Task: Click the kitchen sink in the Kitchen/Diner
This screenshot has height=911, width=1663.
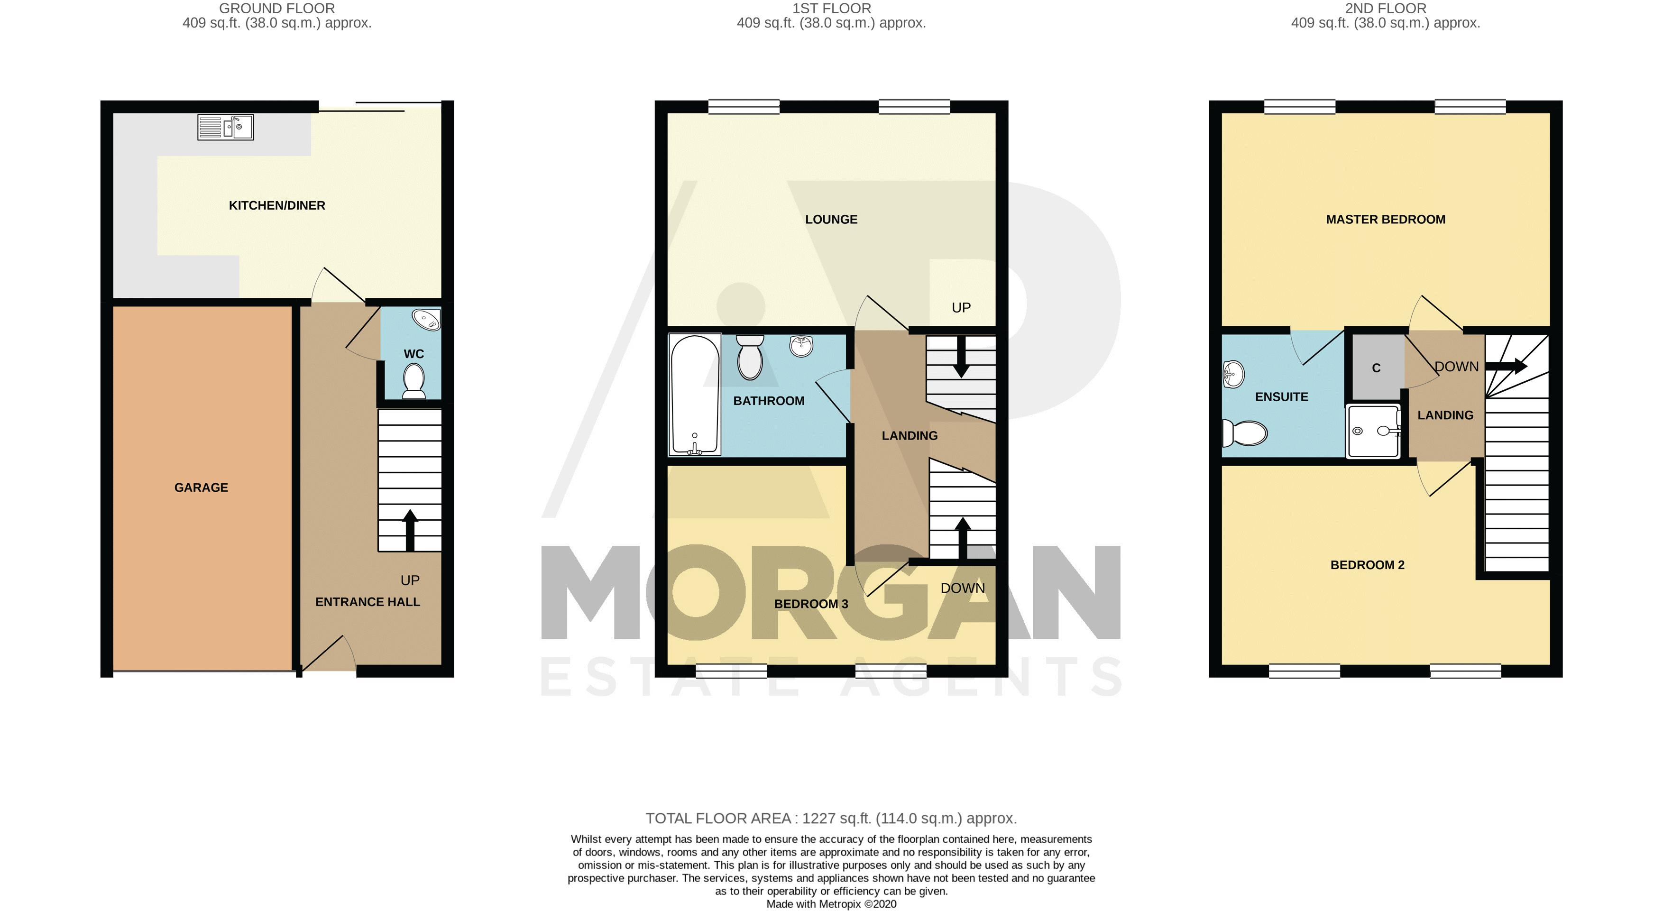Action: click(x=225, y=127)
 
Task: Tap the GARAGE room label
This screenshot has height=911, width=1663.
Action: click(x=202, y=488)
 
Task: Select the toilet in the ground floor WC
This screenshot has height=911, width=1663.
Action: click(x=413, y=380)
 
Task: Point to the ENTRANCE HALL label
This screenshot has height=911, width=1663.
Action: click(x=368, y=602)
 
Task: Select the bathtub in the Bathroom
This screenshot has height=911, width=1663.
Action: click(x=695, y=394)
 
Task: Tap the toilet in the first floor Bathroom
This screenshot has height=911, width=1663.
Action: click(x=750, y=357)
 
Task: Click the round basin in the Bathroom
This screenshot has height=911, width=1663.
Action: click(x=801, y=346)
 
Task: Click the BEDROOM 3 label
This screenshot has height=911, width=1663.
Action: click(x=811, y=604)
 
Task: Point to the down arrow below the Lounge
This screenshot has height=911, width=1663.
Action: click(x=961, y=357)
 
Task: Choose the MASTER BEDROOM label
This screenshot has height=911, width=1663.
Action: click(x=1386, y=220)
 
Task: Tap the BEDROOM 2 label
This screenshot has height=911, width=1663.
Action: click(x=1367, y=565)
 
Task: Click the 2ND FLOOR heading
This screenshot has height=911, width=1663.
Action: click(x=1386, y=9)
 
